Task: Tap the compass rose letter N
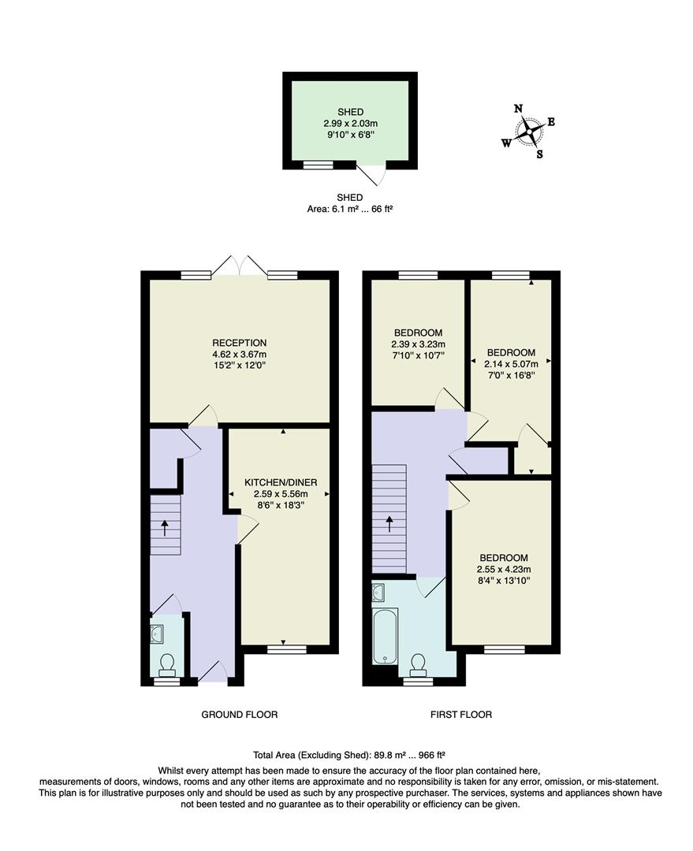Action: tap(518, 109)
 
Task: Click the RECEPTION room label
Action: tap(240, 343)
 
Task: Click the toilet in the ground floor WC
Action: tap(167, 666)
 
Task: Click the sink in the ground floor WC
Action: tap(157, 632)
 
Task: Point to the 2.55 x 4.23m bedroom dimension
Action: tap(503, 570)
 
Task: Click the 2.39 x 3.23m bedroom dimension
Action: tap(418, 344)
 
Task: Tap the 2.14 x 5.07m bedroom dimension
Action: tap(510, 364)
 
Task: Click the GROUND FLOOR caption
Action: tap(240, 715)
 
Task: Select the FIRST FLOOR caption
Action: tap(461, 715)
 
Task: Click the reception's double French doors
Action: tap(240, 266)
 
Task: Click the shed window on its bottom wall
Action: tap(319, 165)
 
